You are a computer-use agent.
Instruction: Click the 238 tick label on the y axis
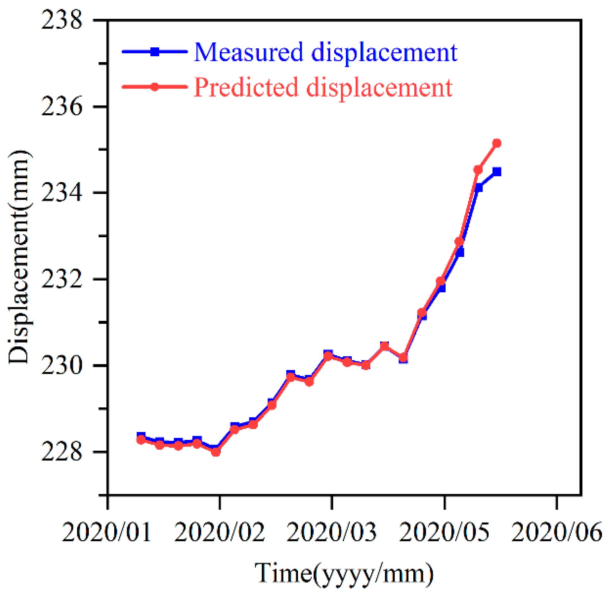[61, 20]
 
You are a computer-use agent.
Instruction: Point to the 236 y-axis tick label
[61, 106]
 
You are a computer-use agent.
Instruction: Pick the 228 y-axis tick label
[61, 452]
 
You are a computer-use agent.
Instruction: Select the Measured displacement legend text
[325, 52]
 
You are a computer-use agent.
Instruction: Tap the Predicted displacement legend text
[323, 87]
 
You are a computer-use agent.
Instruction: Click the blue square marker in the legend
[155, 52]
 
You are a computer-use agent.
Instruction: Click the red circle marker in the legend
[155, 87]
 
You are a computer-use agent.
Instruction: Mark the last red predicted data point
[497, 143]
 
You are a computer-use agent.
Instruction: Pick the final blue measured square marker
[497, 172]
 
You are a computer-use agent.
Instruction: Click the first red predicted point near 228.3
[141, 440]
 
